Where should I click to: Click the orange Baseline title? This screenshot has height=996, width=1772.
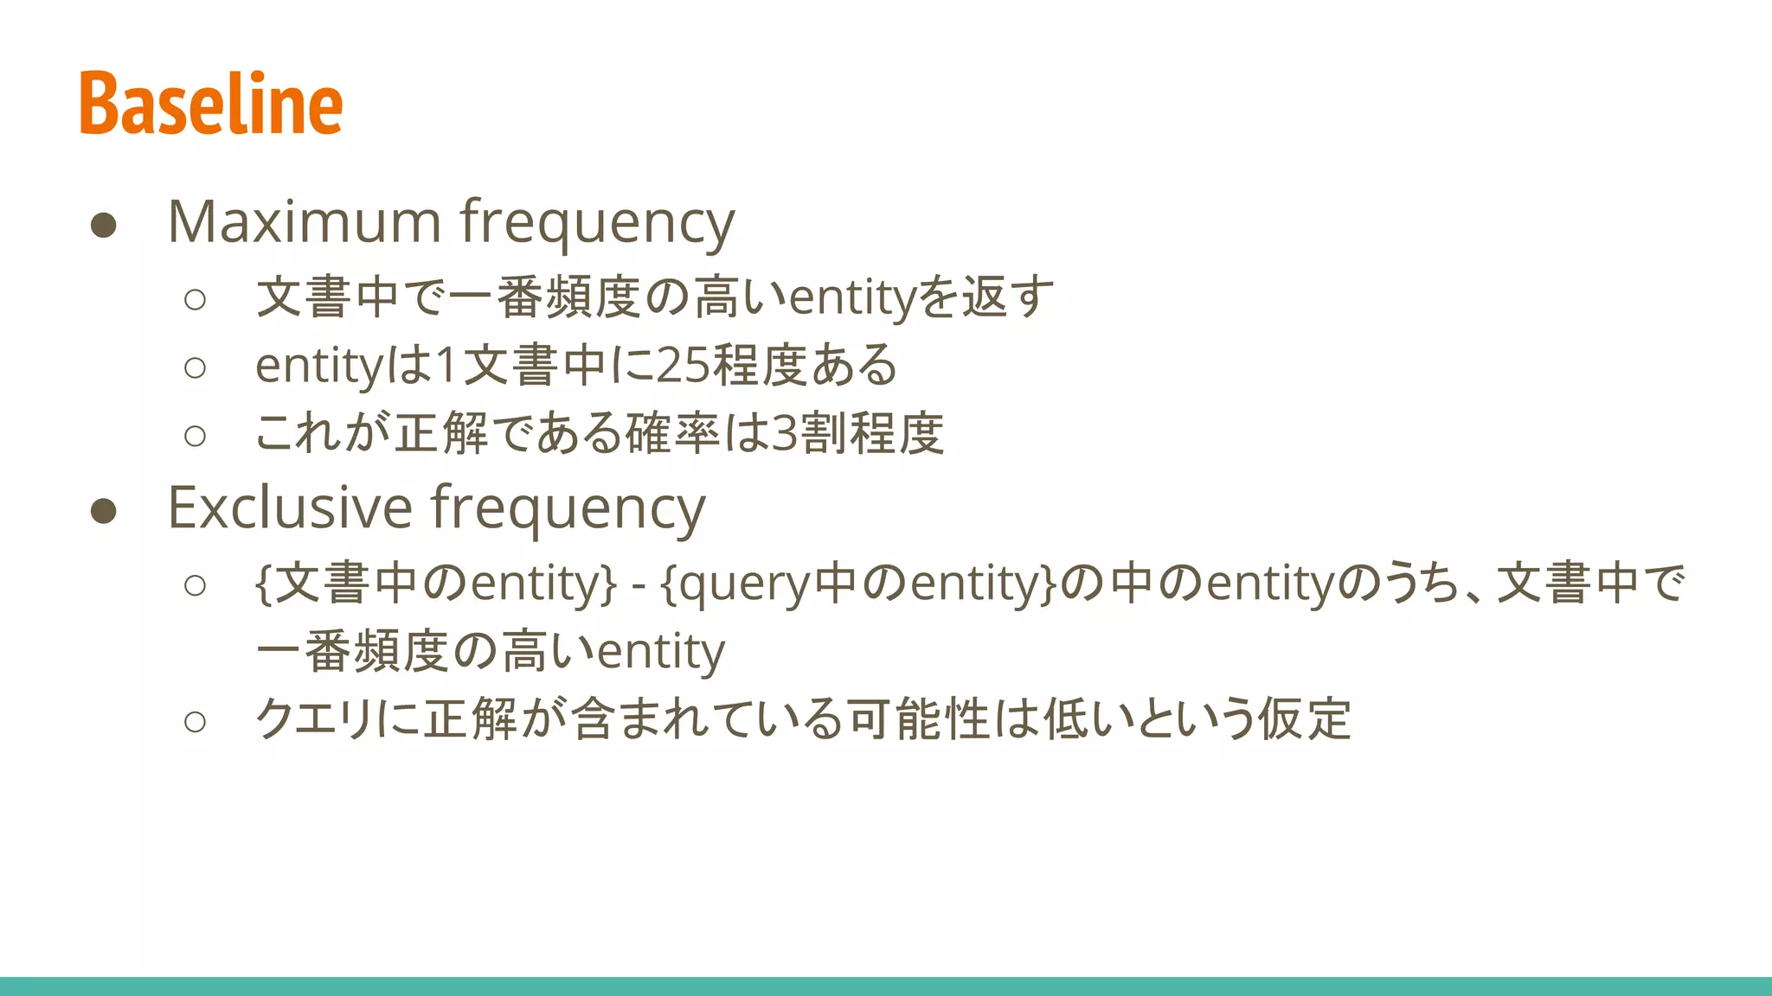(x=211, y=104)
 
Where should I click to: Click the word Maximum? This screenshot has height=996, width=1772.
(x=305, y=222)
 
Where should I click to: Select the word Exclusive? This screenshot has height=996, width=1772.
(x=290, y=508)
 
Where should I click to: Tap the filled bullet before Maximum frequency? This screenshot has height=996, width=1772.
(x=104, y=226)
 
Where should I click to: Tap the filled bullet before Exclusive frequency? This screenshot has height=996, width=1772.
(x=104, y=511)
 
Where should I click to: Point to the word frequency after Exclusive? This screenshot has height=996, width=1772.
(x=568, y=509)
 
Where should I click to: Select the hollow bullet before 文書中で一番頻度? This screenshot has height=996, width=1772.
(x=196, y=300)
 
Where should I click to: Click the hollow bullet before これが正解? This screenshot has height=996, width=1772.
(x=196, y=436)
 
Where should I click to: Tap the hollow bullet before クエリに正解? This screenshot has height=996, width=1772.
(x=196, y=721)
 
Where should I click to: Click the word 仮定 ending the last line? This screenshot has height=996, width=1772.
(x=1304, y=719)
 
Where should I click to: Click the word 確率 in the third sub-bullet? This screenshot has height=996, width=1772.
(x=673, y=434)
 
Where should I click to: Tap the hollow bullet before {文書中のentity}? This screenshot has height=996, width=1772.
(x=196, y=585)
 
